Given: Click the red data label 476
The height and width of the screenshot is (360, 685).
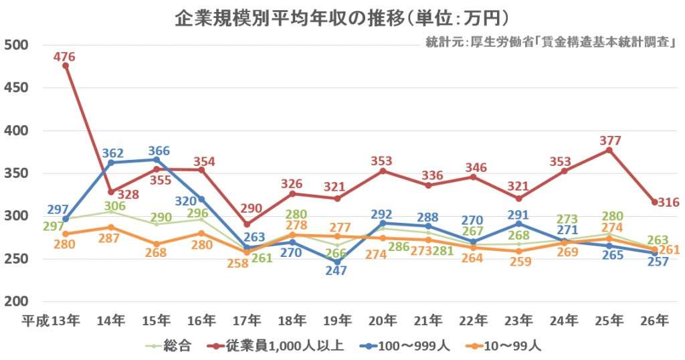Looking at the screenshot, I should tap(64, 57).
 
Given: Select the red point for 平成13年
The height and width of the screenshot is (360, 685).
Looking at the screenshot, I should tap(65, 66).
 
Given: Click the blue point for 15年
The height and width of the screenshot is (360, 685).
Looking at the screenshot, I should tap(156, 160).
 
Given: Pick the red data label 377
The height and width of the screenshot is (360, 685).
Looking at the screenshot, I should tap(610, 141).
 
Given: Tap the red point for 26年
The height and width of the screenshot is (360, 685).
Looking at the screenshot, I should tap(654, 202).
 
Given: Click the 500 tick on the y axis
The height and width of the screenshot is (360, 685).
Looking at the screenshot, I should tap(15, 46).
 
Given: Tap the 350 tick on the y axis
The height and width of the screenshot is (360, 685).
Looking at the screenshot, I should tap(15, 173).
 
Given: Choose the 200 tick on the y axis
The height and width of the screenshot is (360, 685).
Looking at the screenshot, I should tap(15, 301).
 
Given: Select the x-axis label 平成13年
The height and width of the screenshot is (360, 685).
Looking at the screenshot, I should tap(52, 320).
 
